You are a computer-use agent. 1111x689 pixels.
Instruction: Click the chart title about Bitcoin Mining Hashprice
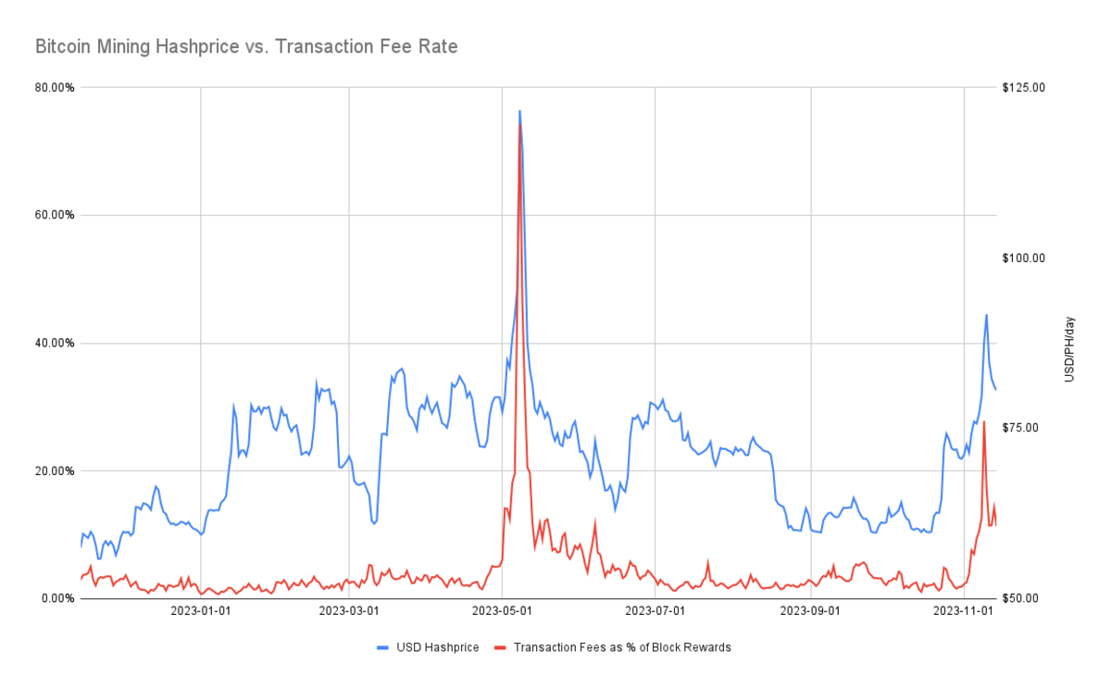tap(246, 46)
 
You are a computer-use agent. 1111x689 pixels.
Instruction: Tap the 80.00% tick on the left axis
tap(55, 87)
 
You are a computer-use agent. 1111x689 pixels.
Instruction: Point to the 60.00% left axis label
tap(55, 215)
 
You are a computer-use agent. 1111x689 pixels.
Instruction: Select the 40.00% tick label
tap(55, 343)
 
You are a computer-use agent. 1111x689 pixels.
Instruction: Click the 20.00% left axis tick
tap(55, 470)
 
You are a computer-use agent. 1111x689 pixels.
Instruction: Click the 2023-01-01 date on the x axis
tap(201, 611)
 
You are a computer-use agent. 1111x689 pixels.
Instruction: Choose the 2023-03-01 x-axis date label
tap(349, 611)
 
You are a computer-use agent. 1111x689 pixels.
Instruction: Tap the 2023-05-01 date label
tap(502, 611)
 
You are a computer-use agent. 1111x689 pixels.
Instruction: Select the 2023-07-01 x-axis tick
tap(655, 611)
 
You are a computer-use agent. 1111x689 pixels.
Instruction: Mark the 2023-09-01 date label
tap(810, 611)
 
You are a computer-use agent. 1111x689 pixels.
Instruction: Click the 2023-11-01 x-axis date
tap(964, 611)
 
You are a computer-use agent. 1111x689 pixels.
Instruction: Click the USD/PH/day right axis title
tap(1069, 349)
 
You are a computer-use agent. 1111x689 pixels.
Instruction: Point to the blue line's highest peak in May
tap(519, 110)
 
